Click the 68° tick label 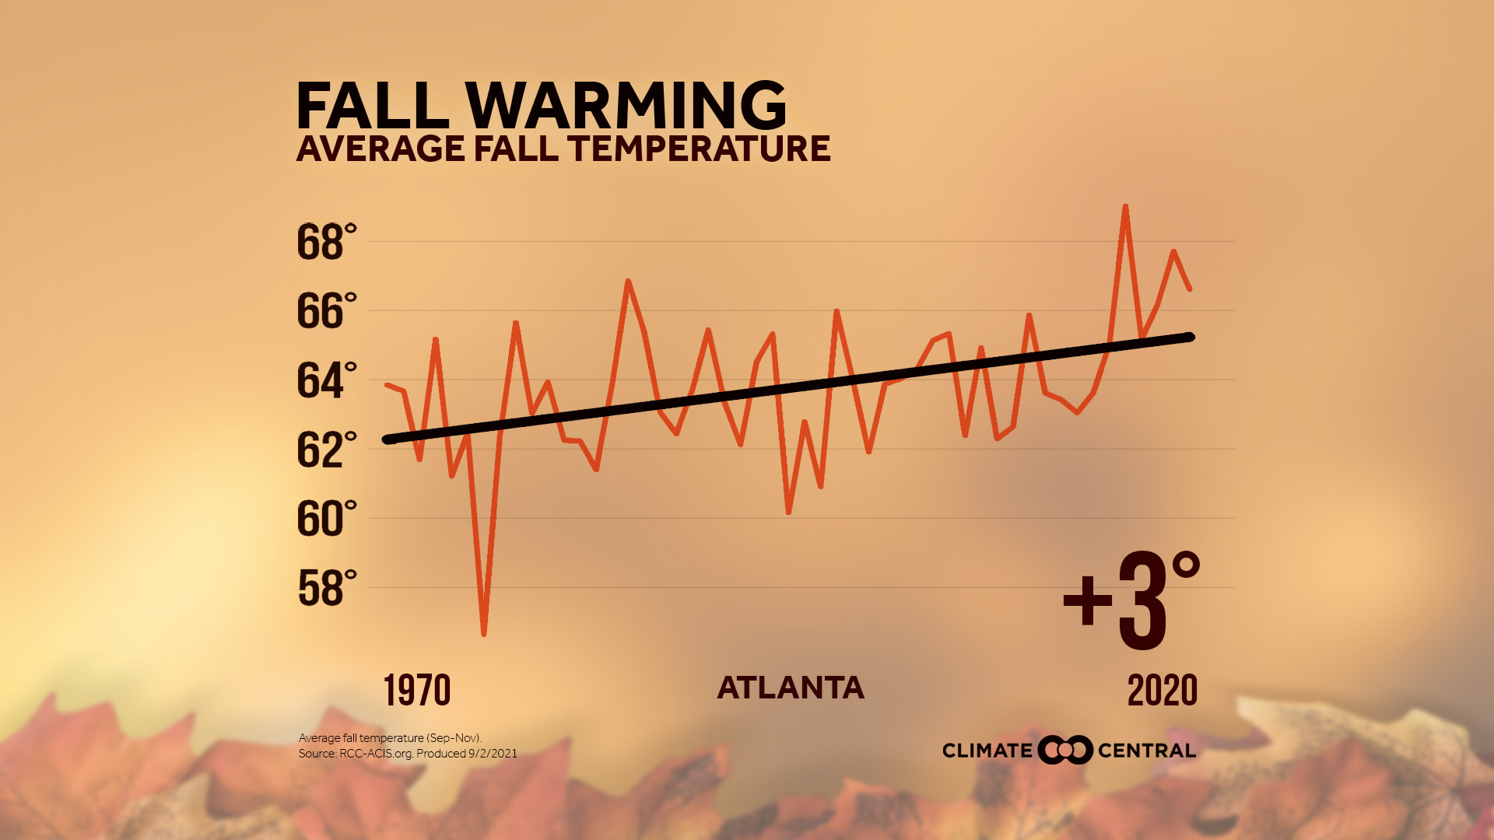(x=326, y=242)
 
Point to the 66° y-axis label (x=326, y=311)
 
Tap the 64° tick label (x=326, y=380)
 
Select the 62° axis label (x=326, y=450)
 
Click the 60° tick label (x=326, y=519)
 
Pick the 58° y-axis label (x=326, y=588)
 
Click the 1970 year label (x=417, y=691)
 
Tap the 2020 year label (x=1163, y=691)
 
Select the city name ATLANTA (x=791, y=688)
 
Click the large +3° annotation (x=1132, y=601)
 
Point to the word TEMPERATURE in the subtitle (x=699, y=149)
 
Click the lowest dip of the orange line (x=484, y=634)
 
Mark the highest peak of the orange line (x=1125, y=207)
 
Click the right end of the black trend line (x=1190, y=337)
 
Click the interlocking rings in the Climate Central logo (x=1065, y=750)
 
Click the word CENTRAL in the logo (x=1146, y=751)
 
